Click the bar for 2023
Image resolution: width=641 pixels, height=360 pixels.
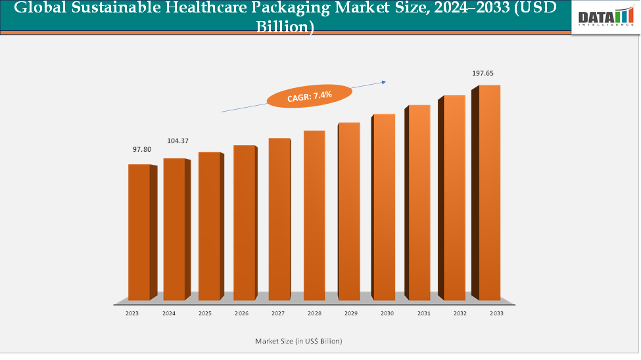pyautogui.click(x=139, y=233)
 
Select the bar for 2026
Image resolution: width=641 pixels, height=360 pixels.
pyautogui.click(x=245, y=223)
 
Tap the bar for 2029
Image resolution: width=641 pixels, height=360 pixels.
pyautogui.click(x=349, y=212)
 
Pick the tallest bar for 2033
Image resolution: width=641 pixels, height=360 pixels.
pyautogui.click(x=489, y=193)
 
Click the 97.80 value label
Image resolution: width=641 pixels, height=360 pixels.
pyautogui.click(x=142, y=150)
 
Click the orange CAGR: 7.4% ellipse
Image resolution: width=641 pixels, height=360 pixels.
pyautogui.click(x=309, y=96)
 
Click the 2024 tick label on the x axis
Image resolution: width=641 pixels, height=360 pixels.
pyautogui.click(x=170, y=314)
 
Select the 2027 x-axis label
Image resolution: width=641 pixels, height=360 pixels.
pyautogui.click(x=278, y=314)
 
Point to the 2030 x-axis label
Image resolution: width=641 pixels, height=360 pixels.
pyautogui.click(x=387, y=314)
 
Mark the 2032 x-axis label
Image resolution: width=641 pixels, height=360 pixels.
pyautogui.click(x=460, y=314)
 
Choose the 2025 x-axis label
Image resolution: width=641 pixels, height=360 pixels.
pyautogui.click(x=206, y=314)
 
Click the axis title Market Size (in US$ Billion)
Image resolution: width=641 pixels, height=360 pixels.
pyautogui.click(x=298, y=341)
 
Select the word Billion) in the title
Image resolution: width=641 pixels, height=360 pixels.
pyautogui.click(x=285, y=27)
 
